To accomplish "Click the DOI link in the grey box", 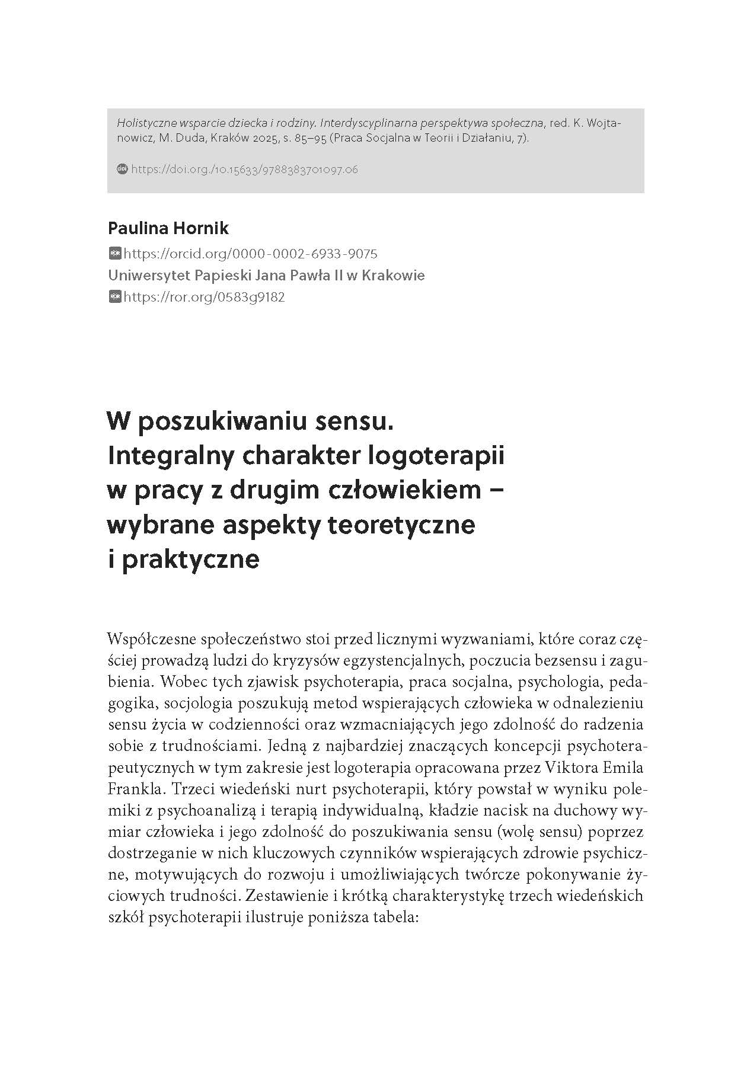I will [x=244, y=170].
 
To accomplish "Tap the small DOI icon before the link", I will [x=122, y=169].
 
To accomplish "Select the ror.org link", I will [x=204, y=297].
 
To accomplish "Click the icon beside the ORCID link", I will [x=115, y=254].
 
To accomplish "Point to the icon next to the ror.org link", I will [x=115, y=297].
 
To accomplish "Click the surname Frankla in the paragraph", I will [x=132, y=789].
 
